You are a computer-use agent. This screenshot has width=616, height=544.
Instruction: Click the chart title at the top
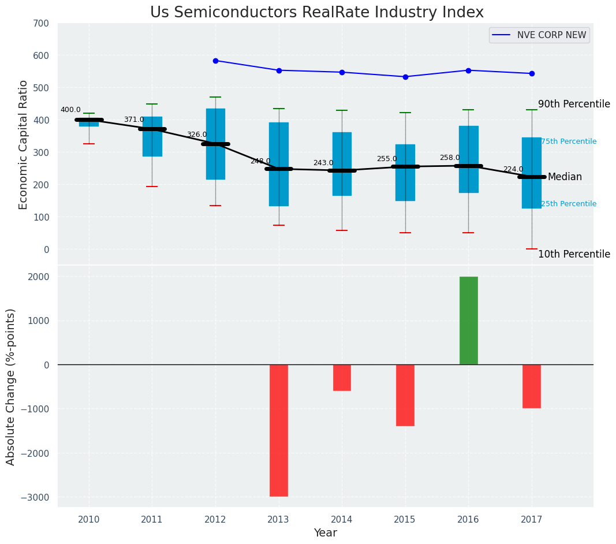[316, 13]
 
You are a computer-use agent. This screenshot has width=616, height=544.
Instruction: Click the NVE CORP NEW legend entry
[551, 35]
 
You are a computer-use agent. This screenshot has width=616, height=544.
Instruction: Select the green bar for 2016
[468, 321]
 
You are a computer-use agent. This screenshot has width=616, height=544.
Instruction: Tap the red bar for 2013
[279, 430]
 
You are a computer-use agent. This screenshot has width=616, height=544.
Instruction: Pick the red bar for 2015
[405, 395]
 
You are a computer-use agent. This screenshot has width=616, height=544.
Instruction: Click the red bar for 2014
[342, 378]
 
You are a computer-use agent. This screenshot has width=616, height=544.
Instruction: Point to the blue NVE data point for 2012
[215, 61]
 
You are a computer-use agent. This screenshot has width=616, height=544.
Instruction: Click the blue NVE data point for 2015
[405, 77]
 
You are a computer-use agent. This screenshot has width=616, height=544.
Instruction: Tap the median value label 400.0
[70, 110]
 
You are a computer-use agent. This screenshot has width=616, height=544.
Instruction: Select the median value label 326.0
[197, 135]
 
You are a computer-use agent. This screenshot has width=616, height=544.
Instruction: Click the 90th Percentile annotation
[574, 105]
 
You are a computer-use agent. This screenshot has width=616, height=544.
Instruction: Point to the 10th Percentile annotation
[574, 255]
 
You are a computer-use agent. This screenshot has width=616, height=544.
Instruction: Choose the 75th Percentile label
[569, 141]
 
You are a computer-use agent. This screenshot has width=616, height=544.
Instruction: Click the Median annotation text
[565, 177]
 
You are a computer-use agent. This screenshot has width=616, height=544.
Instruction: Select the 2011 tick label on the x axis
[152, 519]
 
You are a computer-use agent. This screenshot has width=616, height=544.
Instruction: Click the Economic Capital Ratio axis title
[24, 144]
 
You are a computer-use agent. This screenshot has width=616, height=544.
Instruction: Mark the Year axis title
[326, 533]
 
